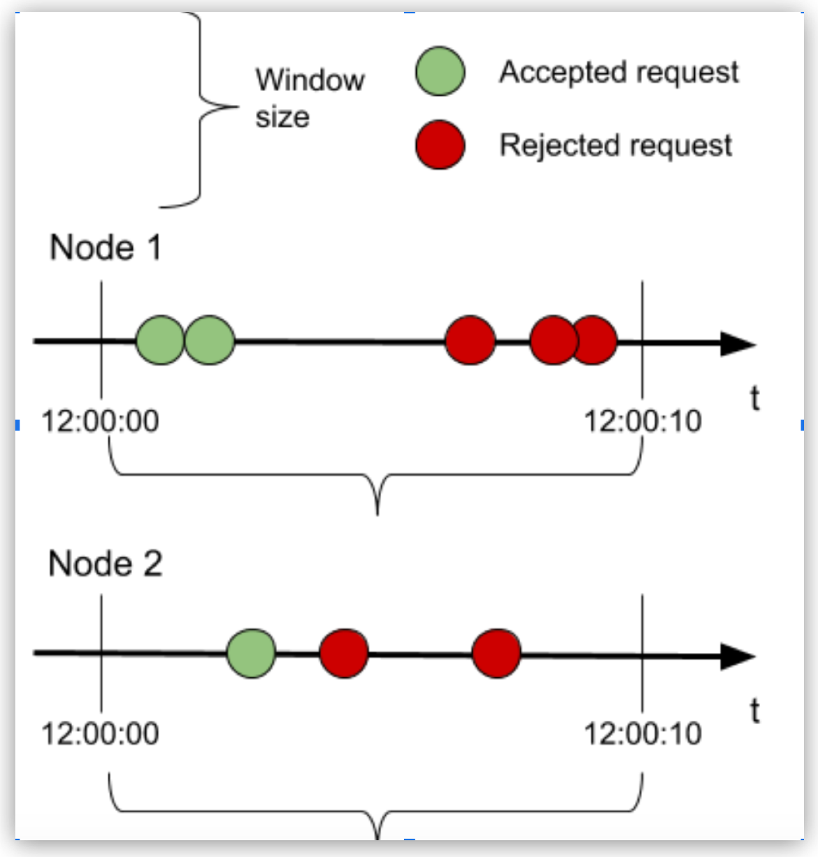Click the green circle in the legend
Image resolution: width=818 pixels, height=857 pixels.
click(x=440, y=71)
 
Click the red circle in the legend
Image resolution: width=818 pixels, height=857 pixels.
click(x=440, y=145)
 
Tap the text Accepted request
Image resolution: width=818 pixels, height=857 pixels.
click(x=619, y=72)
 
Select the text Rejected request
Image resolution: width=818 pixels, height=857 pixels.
click(x=615, y=145)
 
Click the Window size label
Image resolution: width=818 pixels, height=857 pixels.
click(x=309, y=98)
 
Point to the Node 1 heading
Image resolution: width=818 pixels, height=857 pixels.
click(x=106, y=248)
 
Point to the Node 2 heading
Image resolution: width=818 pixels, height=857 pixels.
click(x=106, y=563)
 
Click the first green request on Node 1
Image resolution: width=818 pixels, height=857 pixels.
click(x=159, y=340)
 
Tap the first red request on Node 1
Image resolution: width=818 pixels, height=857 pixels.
click(x=470, y=340)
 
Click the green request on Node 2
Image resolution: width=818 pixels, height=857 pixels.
click(x=252, y=654)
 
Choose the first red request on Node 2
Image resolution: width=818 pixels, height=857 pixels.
click(x=344, y=654)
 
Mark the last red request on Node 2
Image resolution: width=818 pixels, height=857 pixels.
click(x=496, y=654)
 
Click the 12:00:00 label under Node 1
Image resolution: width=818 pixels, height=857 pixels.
click(x=100, y=422)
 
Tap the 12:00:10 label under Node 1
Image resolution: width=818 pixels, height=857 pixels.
click(x=643, y=422)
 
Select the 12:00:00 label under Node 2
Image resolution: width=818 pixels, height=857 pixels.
click(x=100, y=734)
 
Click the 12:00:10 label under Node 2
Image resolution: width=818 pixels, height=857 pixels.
click(x=643, y=734)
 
